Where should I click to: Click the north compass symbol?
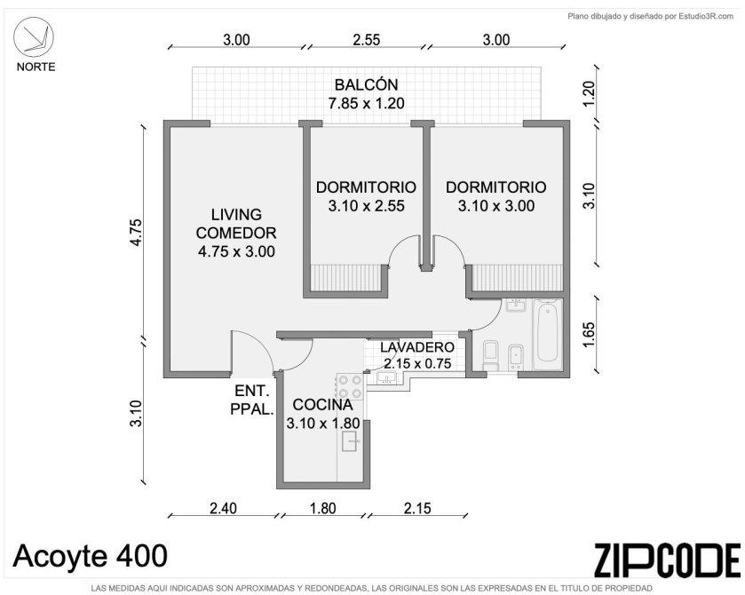(x=33, y=37)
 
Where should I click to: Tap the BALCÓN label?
(x=366, y=84)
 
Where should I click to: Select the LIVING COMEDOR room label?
(x=236, y=224)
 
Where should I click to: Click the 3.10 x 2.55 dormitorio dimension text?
(x=366, y=206)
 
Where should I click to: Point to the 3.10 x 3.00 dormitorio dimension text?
(x=496, y=206)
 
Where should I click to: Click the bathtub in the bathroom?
(x=547, y=334)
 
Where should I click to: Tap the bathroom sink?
(x=516, y=305)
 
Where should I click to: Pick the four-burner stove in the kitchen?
(x=350, y=386)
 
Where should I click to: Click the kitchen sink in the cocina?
(x=351, y=441)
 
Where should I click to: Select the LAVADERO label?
(x=417, y=347)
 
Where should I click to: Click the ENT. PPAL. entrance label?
(x=252, y=400)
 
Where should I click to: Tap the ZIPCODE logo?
(x=667, y=559)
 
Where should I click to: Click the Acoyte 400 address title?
(x=91, y=556)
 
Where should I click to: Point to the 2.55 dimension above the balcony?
(x=367, y=40)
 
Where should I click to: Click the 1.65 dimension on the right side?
(x=588, y=335)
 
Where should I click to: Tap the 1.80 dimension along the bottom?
(x=323, y=508)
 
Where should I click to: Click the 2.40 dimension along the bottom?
(x=223, y=508)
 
